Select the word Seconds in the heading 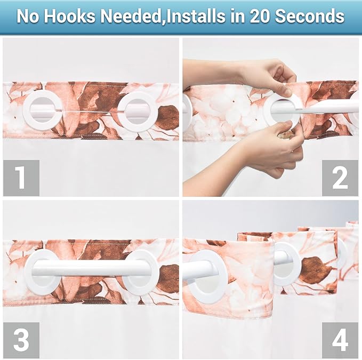(x=312, y=16)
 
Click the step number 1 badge (x=21, y=178)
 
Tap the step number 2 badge (x=340, y=178)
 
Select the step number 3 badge (x=21, y=340)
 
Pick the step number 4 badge (x=340, y=340)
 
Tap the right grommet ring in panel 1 (x=136, y=112)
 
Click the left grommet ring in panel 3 (x=42, y=272)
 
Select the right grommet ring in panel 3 (x=141, y=272)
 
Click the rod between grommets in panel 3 (x=91, y=268)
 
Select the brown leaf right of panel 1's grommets (x=167, y=117)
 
